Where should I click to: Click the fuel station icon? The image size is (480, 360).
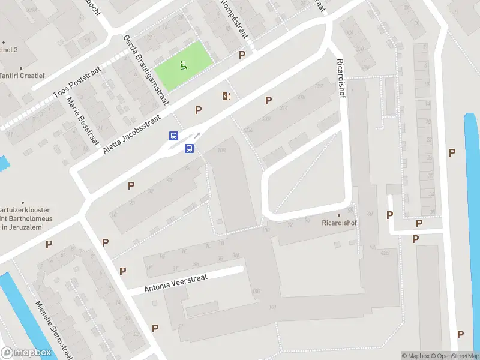point(226,96)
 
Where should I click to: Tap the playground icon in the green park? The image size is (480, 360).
point(183,65)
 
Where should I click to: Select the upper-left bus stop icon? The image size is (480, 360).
point(173,136)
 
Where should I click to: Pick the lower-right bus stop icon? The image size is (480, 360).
point(188,149)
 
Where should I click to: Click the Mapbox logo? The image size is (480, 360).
point(26,353)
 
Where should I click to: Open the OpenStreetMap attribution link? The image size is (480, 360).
point(455,356)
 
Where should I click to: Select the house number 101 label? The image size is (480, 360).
point(272,308)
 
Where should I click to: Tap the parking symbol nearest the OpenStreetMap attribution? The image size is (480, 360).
point(460,334)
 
